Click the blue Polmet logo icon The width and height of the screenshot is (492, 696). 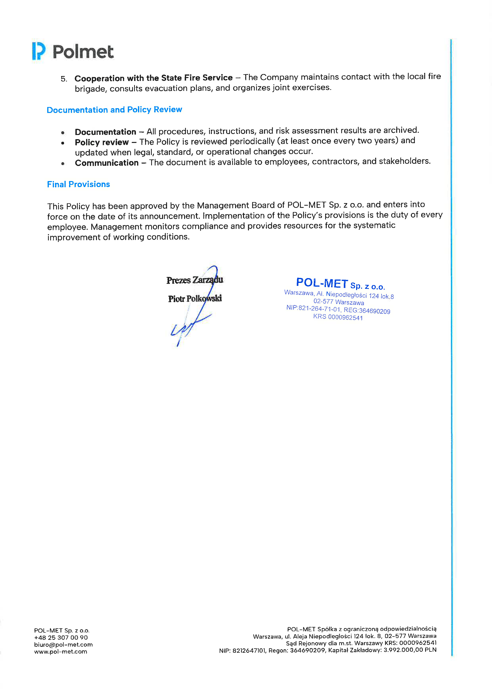tap(38, 51)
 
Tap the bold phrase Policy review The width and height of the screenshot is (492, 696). tap(102, 142)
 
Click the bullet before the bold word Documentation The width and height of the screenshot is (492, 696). tap(63, 132)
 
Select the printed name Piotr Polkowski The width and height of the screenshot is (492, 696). tap(195, 299)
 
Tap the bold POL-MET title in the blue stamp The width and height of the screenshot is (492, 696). tap(322, 283)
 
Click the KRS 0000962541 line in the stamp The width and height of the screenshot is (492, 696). tap(338, 317)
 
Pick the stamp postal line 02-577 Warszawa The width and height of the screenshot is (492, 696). tap(339, 302)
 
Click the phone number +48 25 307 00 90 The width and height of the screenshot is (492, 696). tap(61, 637)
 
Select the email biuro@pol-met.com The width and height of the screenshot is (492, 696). tap(63, 644)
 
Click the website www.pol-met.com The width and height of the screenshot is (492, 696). tap(61, 652)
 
